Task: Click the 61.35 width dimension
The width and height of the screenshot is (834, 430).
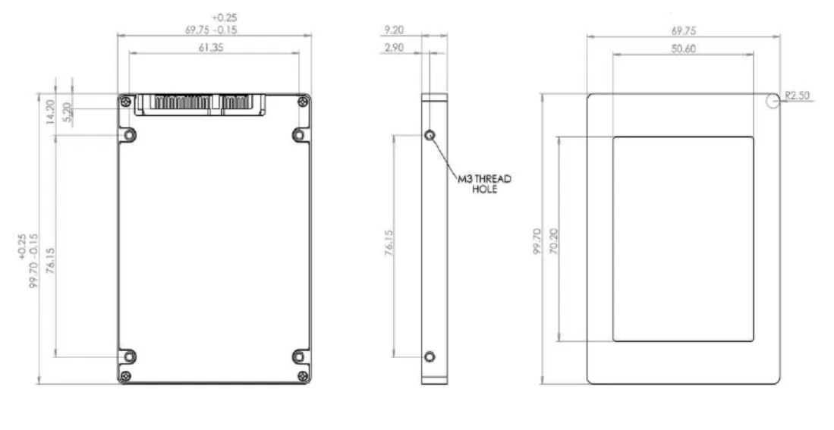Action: [215, 47]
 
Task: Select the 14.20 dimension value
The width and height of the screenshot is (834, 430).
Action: [49, 112]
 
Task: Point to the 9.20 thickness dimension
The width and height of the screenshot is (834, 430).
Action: [395, 31]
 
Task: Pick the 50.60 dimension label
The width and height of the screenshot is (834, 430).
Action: [683, 49]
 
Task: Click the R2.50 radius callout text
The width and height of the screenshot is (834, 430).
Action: [798, 96]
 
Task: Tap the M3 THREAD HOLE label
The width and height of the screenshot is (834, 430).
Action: [484, 184]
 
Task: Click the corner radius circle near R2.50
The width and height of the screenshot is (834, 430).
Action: [773, 101]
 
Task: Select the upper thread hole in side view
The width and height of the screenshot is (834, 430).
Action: [430, 135]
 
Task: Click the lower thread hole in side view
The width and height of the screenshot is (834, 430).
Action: [430, 356]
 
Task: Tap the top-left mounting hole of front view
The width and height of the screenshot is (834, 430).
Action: [130, 135]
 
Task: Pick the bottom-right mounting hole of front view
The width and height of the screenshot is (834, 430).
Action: [299, 356]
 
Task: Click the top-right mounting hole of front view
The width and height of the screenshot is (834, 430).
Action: [299, 135]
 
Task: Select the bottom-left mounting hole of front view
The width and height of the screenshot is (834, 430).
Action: [130, 356]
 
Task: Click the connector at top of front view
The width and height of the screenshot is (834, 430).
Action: [202, 104]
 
